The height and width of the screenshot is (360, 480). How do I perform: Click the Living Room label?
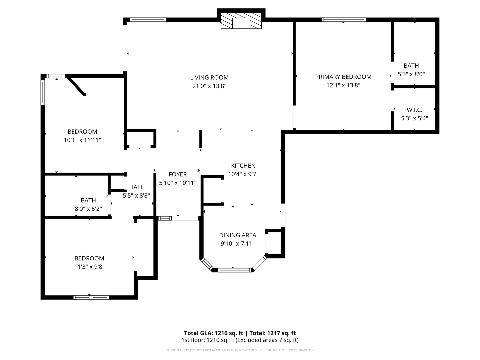pyautogui.click(x=209, y=78)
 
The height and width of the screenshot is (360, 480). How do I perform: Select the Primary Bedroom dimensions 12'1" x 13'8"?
pyautogui.click(x=343, y=85)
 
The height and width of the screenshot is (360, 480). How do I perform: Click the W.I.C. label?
pyautogui.click(x=414, y=110)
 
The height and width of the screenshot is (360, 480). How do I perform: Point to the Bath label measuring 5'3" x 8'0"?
pyautogui.click(x=411, y=66)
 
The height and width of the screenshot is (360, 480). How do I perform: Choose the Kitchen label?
pyautogui.click(x=243, y=166)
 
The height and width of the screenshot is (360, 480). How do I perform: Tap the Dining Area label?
pyautogui.click(x=237, y=235)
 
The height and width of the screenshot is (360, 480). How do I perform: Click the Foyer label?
pyautogui.click(x=178, y=174)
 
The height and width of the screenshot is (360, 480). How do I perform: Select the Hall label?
pyautogui.click(x=136, y=187)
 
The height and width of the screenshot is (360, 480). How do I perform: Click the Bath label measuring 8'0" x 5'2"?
pyautogui.click(x=88, y=200)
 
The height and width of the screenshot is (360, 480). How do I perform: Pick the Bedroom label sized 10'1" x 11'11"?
pyautogui.click(x=82, y=132)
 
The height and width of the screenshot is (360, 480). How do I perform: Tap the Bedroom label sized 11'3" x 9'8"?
pyautogui.click(x=89, y=258)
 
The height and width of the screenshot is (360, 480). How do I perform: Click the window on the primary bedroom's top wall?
pyautogui.click(x=344, y=20)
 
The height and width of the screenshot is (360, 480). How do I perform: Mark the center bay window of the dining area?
pyautogui.click(x=234, y=270)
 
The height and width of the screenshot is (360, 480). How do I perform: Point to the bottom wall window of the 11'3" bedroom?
pyautogui.click(x=91, y=297)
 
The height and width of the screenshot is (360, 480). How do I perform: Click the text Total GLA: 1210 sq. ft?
pyautogui.click(x=213, y=333)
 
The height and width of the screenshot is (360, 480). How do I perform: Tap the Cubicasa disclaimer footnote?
pyautogui.click(x=240, y=350)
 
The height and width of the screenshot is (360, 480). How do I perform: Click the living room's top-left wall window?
pyautogui.click(x=148, y=20)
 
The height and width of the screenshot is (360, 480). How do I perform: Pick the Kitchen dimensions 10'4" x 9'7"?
pyautogui.click(x=243, y=174)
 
